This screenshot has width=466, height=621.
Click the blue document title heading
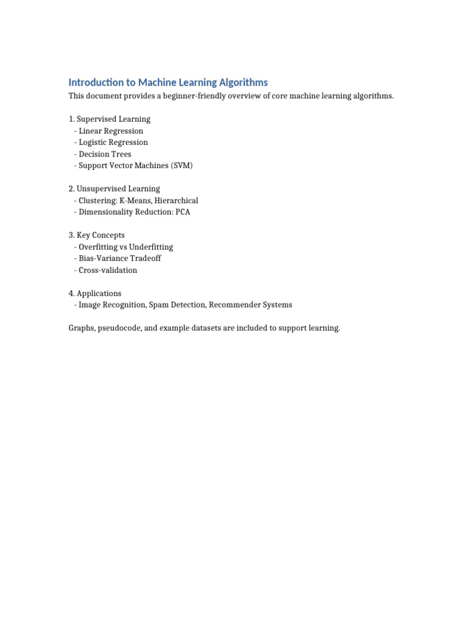pyautogui.click(x=168, y=82)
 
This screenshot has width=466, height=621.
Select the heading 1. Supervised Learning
pyautogui.click(x=109, y=119)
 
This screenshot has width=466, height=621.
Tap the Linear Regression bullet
pyautogui.click(x=111, y=131)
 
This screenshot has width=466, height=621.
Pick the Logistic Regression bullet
pyautogui.click(x=113, y=143)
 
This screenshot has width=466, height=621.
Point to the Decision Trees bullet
pyautogui.click(x=105, y=154)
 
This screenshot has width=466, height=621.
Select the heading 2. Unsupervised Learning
pyautogui.click(x=114, y=189)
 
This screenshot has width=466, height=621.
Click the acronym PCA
pyautogui.click(x=182, y=212)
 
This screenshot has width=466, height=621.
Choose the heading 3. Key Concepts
pyautogui.click(x=96, y=235)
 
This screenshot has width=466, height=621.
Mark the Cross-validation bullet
pyautogui.click(x=108, y=270)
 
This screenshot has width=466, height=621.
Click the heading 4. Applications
pyautogui.click(x=95, y=294)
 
